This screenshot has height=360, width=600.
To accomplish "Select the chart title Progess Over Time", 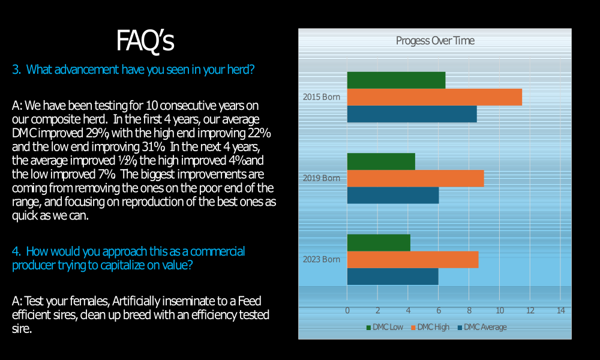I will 435,41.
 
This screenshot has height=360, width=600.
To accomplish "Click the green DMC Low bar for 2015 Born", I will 396,80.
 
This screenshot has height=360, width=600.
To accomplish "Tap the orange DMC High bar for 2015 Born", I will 434,97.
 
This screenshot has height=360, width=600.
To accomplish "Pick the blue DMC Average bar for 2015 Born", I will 412,114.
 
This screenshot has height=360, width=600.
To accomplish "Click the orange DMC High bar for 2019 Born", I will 415,178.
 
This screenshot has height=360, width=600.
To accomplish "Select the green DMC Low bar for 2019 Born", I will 381,161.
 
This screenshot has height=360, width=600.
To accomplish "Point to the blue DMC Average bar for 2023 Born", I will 392,277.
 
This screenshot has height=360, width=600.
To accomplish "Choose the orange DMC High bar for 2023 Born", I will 413,260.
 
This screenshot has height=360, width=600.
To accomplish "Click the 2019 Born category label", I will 322,178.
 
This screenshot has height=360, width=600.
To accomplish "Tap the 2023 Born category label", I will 322,260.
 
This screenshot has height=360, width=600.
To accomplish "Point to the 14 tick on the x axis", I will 560,310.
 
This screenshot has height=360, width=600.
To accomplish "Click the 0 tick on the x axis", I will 347,310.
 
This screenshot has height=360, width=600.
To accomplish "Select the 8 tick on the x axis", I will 469,310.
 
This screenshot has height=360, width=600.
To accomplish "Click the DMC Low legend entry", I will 385,327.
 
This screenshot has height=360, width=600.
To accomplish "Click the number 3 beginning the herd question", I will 16,70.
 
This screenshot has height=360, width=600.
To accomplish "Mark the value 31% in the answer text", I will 152,146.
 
